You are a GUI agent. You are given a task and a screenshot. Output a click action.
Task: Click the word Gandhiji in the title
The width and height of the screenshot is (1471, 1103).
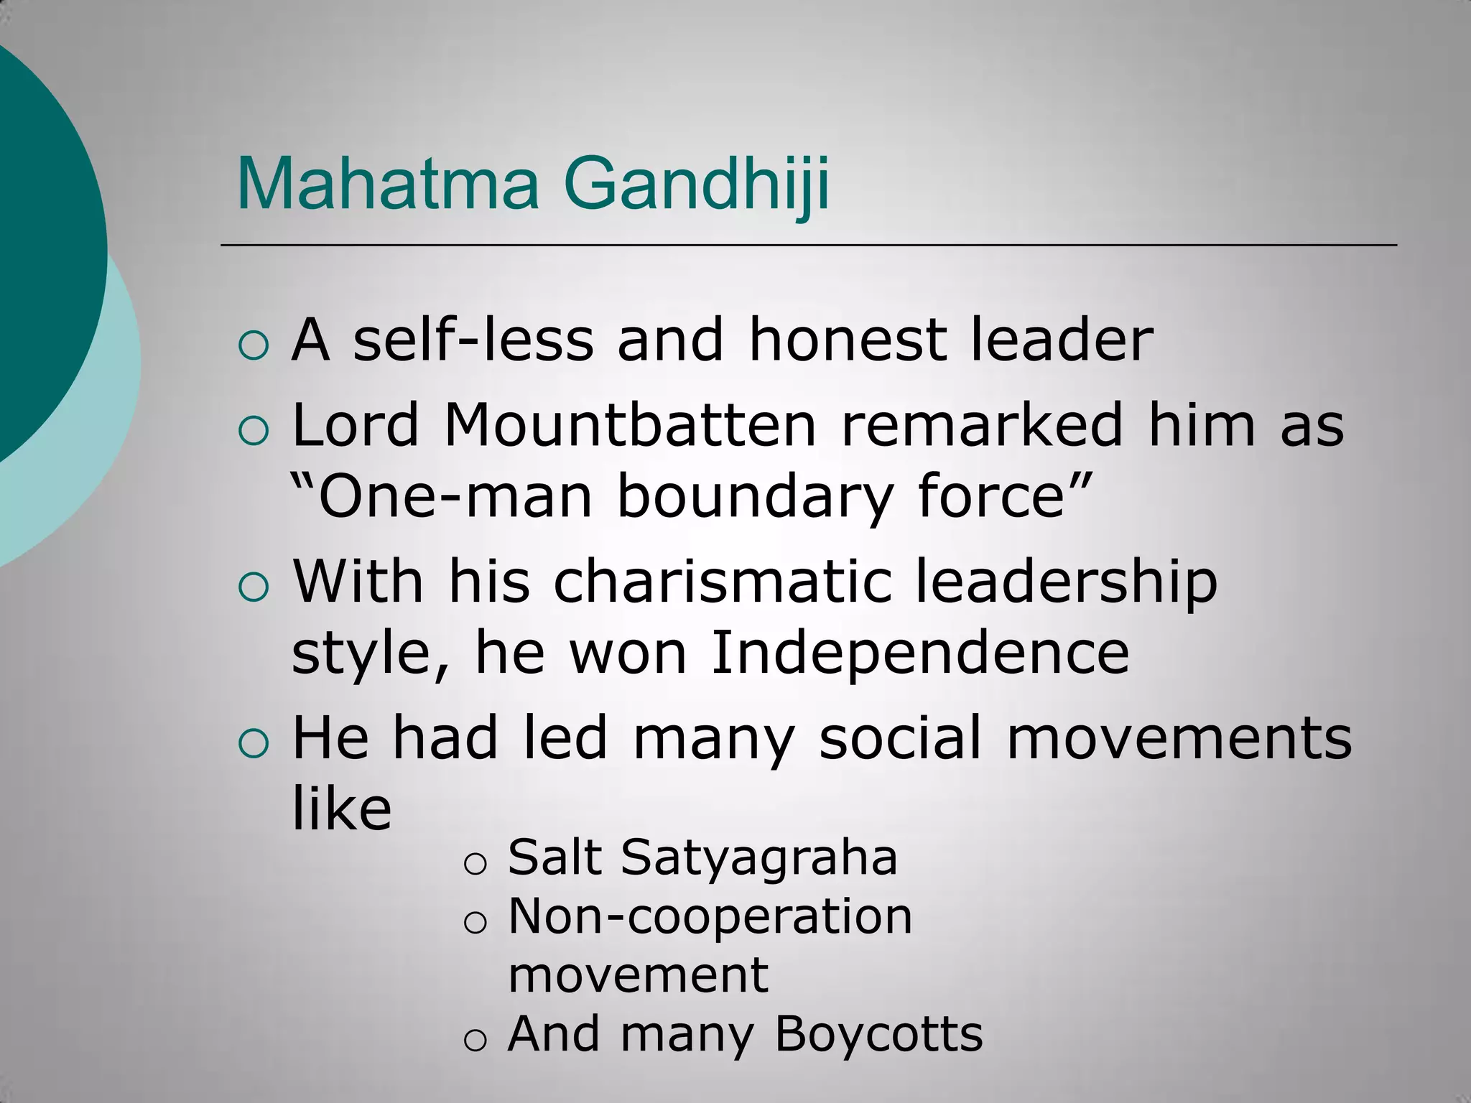click(700, 185)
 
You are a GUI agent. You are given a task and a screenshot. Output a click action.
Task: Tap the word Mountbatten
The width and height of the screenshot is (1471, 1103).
click(630, 425)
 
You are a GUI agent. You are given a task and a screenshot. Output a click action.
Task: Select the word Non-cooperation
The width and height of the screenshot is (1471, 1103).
click(710, 916)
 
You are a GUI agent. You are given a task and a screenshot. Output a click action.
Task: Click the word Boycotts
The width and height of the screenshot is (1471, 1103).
click(878, 1034)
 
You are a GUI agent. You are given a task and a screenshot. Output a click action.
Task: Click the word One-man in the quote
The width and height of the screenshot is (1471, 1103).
click(455, 497)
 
